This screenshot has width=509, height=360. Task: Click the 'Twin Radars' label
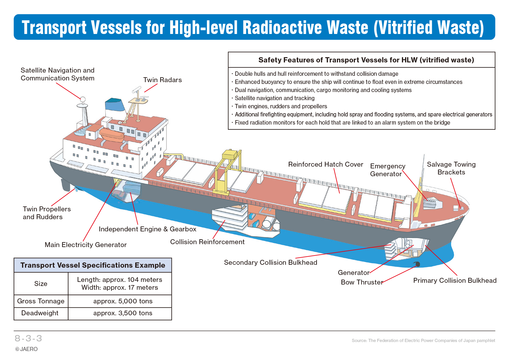pos(163,80)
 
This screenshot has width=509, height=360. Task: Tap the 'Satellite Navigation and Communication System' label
pos(57,74)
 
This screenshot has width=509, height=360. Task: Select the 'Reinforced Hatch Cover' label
pos(326,164)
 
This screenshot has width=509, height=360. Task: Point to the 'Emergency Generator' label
pos(388,170)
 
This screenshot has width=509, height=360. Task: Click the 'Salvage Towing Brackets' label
pos(451,168)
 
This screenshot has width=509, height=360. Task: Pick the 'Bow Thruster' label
pos(362,282)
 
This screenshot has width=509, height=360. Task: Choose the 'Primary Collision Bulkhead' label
pos(455,280)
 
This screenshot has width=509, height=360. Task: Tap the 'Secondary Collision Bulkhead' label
pos(270,262)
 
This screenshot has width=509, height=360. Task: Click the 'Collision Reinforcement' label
pos(207,242)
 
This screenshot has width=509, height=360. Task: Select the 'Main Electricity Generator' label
pos(86,245)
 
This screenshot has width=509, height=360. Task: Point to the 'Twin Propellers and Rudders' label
pos(47,213)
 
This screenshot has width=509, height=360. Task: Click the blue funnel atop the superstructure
pos(115,105)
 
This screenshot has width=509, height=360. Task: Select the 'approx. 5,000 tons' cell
pos(123,301)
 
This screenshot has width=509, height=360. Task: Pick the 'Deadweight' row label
pos(40,313)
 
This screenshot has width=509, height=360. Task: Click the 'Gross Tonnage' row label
pos(41,301)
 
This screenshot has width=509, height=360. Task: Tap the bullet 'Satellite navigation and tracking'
pos(275,98)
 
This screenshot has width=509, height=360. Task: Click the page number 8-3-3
pos(28,338)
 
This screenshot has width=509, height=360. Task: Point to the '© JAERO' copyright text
pos(26,349)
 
